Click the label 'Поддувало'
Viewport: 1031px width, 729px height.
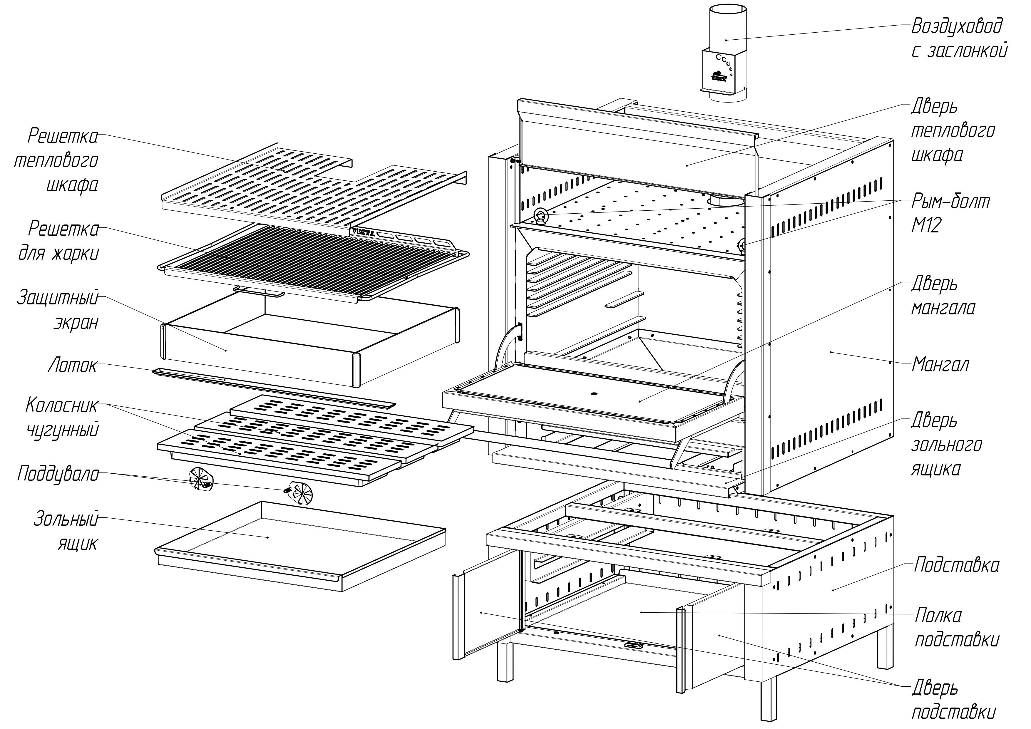[58, 474]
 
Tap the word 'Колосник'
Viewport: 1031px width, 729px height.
[61, 405]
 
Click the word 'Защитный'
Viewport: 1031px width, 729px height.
[58, 298]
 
